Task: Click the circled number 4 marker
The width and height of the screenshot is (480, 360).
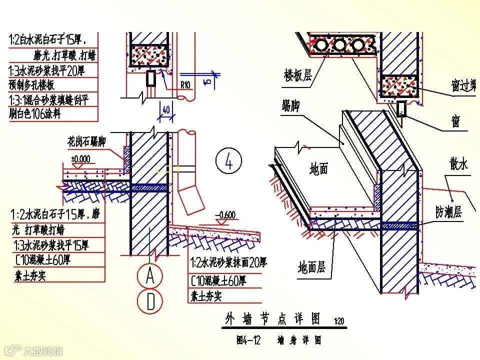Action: click(x=229, y=161)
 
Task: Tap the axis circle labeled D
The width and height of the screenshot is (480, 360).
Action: click(x=150, y=301)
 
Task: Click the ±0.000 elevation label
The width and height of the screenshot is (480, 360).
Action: click(x=80, y=159)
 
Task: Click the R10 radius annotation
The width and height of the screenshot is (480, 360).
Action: click(x=185, y=85)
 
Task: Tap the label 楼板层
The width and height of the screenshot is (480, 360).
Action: click(x=297, y=76)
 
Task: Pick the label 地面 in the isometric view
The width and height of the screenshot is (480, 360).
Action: click(x=318, y=169)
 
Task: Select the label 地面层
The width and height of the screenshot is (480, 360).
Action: click(x=311, y=267)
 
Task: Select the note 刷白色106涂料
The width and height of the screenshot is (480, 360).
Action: click(x=35, y=114)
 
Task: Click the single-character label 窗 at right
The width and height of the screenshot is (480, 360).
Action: click(x=455, y=121)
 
